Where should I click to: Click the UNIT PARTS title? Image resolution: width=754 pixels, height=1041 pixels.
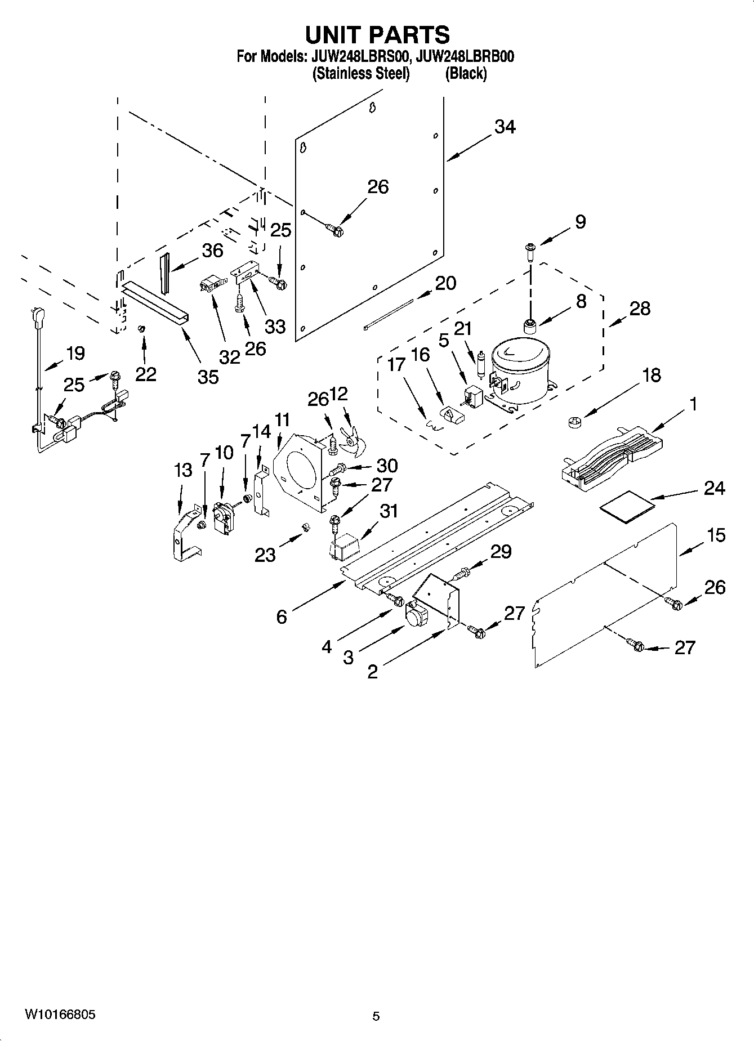click(x=377, y=35)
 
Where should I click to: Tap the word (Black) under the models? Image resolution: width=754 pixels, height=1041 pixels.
click(x=466, y=74)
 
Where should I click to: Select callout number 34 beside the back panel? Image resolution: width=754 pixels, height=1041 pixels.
click(x=505, y=127)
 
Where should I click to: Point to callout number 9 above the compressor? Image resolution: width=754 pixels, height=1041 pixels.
click(x=580, y=222)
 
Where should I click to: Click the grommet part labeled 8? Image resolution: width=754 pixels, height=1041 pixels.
click(x=530, y=326)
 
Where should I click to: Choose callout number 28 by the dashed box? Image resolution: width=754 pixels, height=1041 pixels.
click(x=640, y=309)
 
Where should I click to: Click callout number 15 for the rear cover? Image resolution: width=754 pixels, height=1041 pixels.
click(x=716, y=535)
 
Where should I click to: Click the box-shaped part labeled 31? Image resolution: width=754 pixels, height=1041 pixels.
click(x=343, y=544)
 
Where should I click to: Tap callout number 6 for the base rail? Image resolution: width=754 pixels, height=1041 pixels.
click(x=282, y=617)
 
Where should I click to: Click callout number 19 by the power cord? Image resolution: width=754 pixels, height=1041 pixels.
click(x=75, y=354)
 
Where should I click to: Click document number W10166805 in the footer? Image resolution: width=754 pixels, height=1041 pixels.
click(x=60, y=1016)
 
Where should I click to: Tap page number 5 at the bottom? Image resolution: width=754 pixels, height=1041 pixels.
click(x=376, y=1016)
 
